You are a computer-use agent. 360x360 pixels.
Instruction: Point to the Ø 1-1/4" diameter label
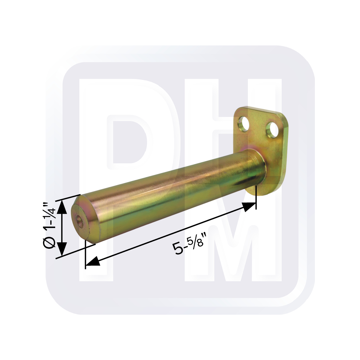[x=50, y=225]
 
